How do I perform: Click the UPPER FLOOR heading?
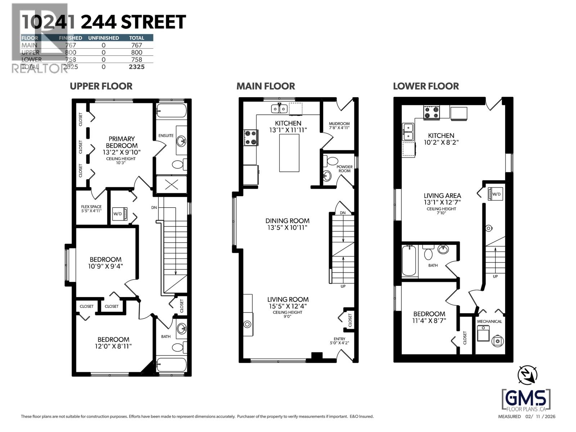click(101, 86)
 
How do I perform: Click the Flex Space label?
click(91, 207)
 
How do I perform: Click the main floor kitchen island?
click(289, 153)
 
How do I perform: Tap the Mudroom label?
click(339, 124)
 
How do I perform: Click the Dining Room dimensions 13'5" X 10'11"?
click(287, 228)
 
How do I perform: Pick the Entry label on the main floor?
click(339, 339)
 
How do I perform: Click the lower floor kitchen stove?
click(431, 112)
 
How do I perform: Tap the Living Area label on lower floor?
click(442, 196)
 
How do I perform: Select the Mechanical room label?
click(489, 321)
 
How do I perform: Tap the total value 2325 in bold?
click(136, 67)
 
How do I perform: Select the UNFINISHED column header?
click(103, 38)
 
